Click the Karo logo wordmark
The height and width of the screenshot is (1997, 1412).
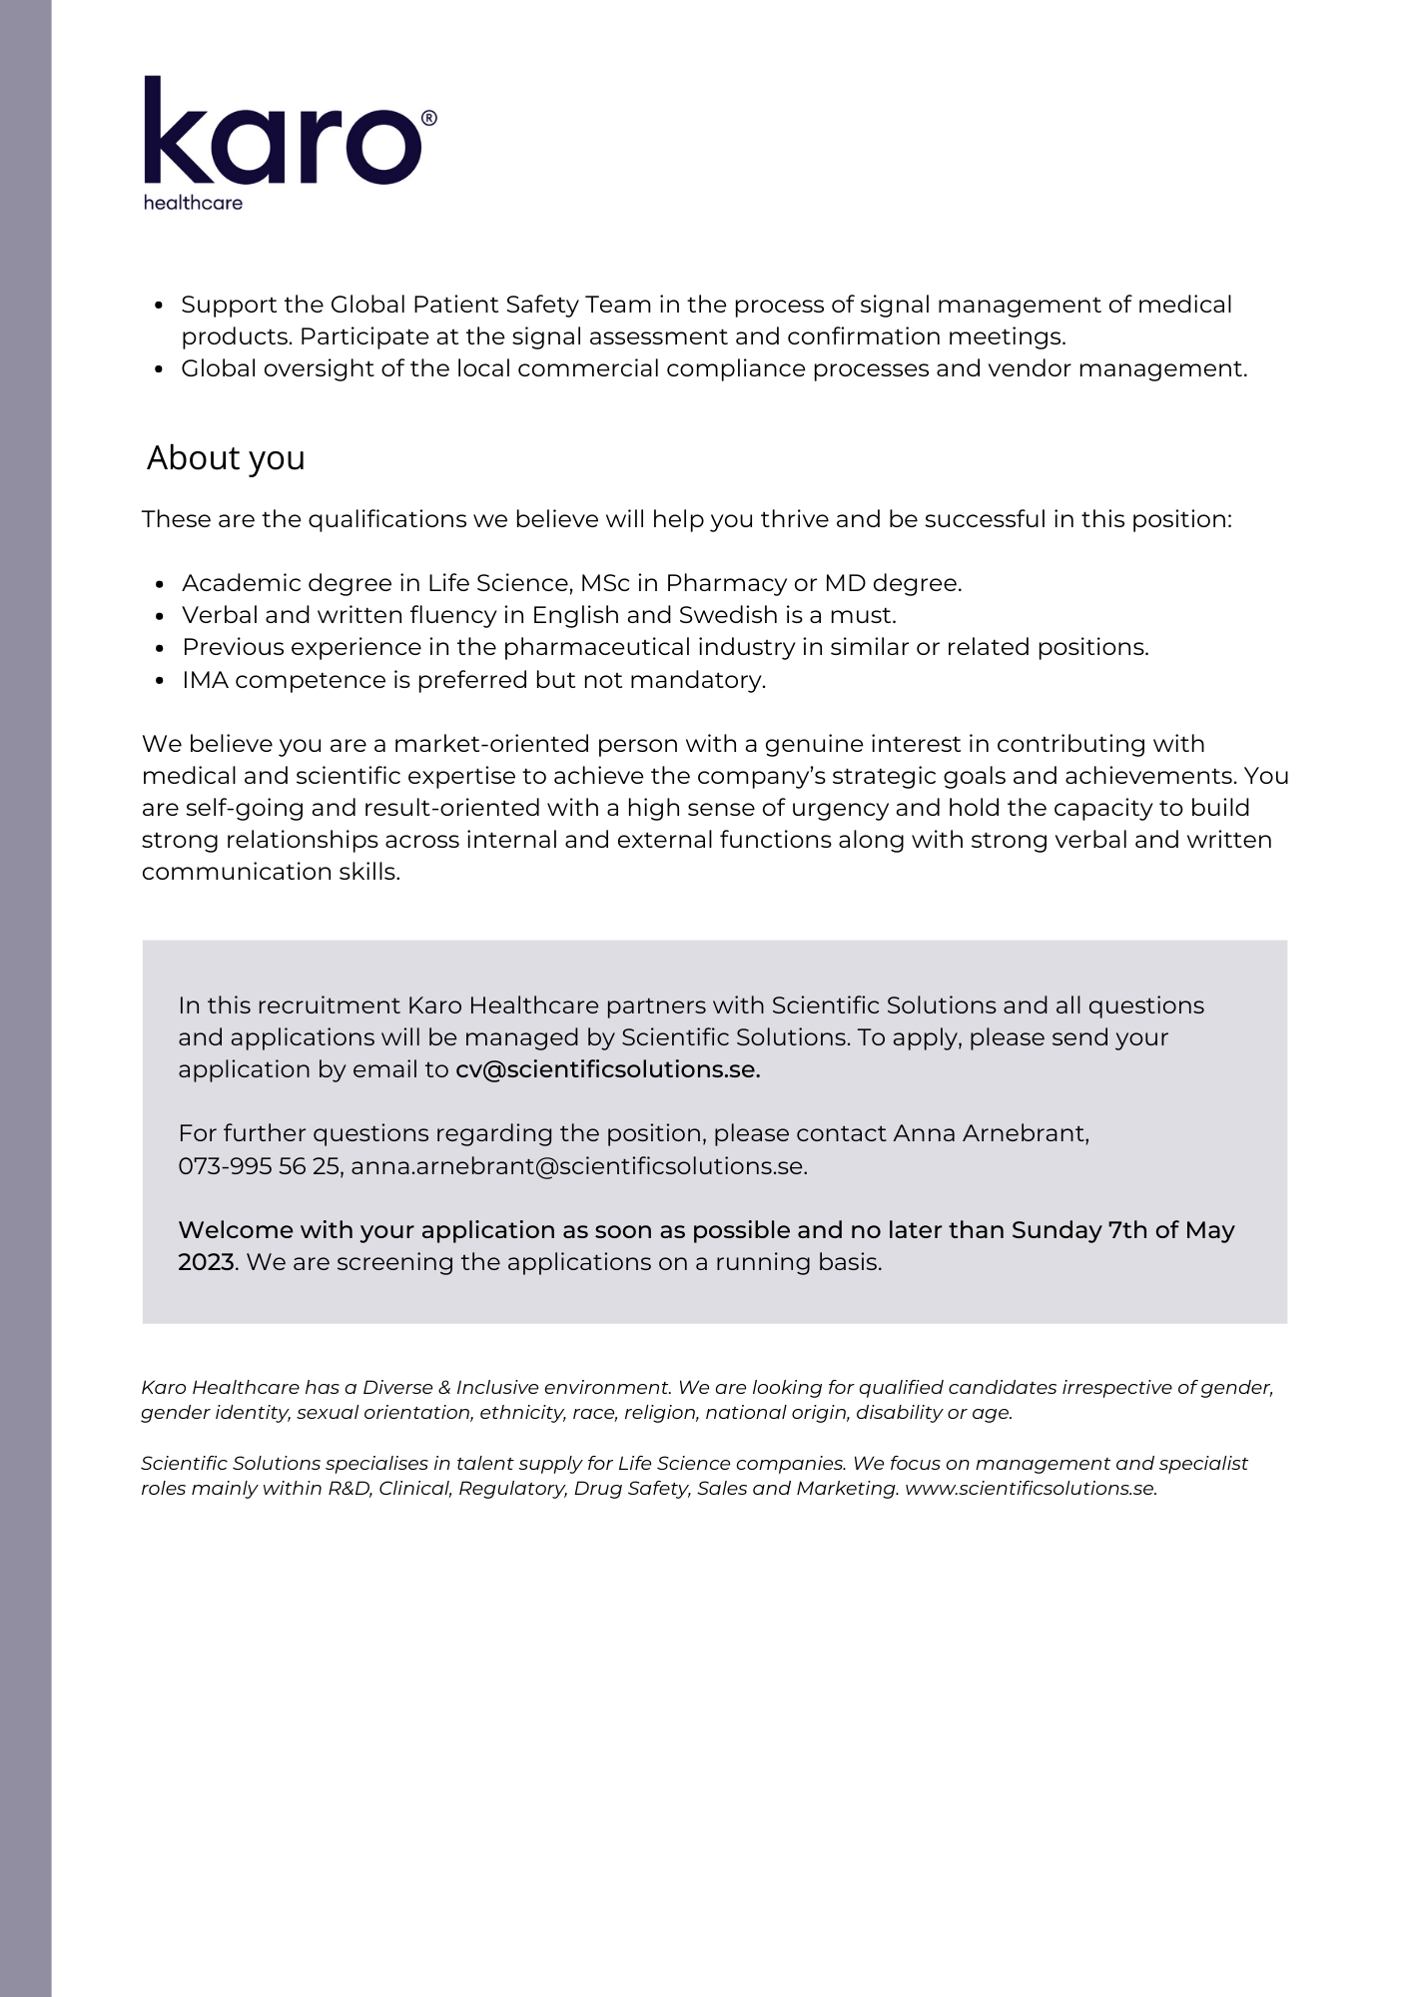[x=283, y=132]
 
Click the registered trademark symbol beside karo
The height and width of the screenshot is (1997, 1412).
[x=429, y=118]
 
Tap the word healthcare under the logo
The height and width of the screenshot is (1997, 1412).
[x=193, y=203]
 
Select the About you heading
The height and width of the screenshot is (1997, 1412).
[x=226, y=458]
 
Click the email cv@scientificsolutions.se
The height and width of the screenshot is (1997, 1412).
[x=607, y=1069]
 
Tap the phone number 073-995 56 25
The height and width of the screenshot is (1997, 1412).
[x=259, y=1166]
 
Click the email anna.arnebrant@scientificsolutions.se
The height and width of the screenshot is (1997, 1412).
[x=578, y=1166]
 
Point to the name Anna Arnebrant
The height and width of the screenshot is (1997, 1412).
[x=990, y=1133]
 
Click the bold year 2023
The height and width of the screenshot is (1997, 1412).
[x=207, y=1262]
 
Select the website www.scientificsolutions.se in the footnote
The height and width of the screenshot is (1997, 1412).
[x=1030, y=1488]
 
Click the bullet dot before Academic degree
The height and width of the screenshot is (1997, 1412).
[x=160, y=584]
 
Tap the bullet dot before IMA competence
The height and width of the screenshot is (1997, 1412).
[x=160, y=681]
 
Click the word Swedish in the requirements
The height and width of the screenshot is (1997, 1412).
[x=728, y=615]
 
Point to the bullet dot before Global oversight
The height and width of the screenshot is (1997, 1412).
[x=160, y=369]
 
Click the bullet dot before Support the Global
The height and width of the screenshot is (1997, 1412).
[x=160, y=306]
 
